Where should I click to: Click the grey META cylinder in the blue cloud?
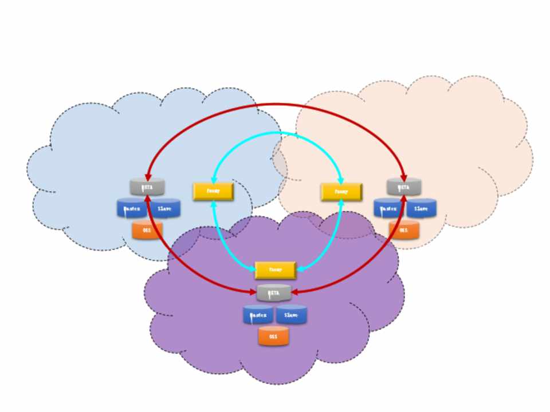pos(147,187)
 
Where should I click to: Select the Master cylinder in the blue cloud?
pos(132,208)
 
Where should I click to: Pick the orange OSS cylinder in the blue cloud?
pos(147,230)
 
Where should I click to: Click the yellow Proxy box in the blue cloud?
pos(213,191)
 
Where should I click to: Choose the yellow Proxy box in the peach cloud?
pos(341,191)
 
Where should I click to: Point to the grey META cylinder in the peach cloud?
pos(404,187)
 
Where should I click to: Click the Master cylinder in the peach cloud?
pos(389,208)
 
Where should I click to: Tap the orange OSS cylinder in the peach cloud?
pos(403,230)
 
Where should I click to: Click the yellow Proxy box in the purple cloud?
pos(275,270)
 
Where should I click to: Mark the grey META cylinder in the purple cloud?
pos(274,293)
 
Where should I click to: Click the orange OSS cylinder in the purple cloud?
pos(273,336)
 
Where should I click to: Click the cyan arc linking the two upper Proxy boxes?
pos(277,133)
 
